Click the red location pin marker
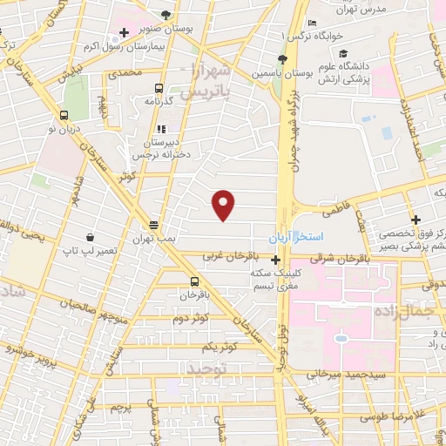click(x=224, y=205)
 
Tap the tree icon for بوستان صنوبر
click(x=166, y=15)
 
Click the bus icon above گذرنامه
click(x=159, y=88)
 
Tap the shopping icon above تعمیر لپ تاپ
click(x=91, y=237)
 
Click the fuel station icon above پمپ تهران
click(x=153, y=223)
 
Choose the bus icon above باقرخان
click(x=194, y=280)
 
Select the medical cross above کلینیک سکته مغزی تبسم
click(x=275, y=260)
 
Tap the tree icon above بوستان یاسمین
click(x=281, y=59)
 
